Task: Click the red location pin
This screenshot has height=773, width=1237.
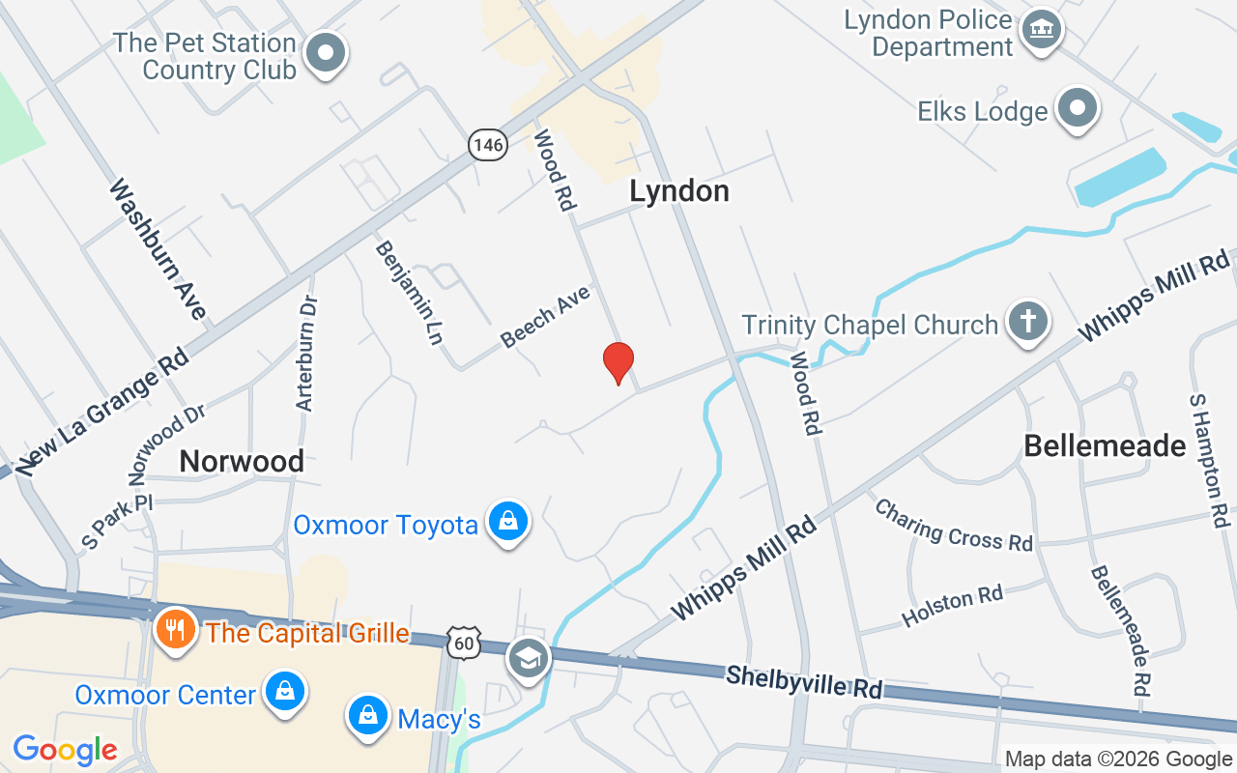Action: [x=618, y=361]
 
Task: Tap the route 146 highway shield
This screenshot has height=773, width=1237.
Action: [x=488, y=145]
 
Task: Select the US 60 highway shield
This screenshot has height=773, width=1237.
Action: [x=465, y=642]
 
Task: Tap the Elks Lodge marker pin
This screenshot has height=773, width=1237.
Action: [x=1077, y=107]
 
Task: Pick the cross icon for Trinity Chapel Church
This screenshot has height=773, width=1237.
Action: [x=1026, y=320]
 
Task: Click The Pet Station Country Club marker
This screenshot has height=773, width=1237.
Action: [x=325, y=52]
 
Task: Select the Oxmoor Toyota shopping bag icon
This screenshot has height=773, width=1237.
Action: [x=508, y=521]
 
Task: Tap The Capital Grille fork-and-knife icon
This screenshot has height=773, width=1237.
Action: [x=175, y=629]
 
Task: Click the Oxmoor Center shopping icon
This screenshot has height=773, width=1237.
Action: [x=285, y=692]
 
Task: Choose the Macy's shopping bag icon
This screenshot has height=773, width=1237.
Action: [x=367, y=715]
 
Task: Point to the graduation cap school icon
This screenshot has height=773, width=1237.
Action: [x=528, y=659]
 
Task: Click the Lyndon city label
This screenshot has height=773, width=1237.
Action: [x=679, y=190]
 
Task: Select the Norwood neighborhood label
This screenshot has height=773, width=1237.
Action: [x=242, y=461]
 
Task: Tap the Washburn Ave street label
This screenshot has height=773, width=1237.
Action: [x=158, y=248]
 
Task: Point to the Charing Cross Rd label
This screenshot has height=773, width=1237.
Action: [x=953, y=525]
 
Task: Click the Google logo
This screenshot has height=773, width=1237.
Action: [x=66, y=749]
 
